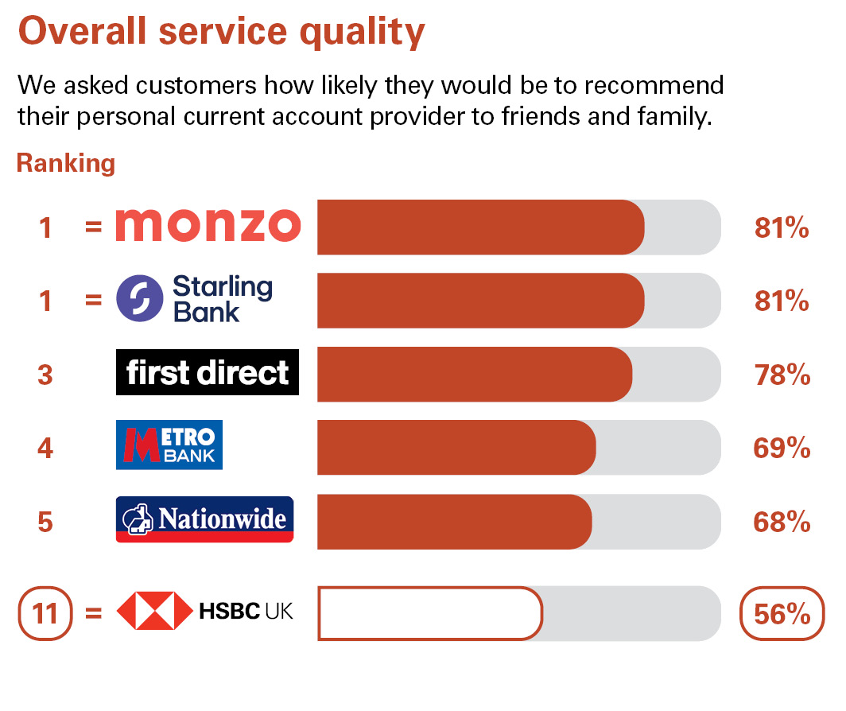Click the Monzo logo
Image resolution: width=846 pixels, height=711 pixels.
click(x=208, y=225)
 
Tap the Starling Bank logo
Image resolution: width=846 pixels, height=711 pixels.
click(x=195, y=298)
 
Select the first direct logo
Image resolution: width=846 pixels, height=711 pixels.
click(x=208, y=372)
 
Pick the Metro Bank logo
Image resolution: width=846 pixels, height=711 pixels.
click(x=169, y=445)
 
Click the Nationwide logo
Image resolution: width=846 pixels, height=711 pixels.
click(x=204, y=519)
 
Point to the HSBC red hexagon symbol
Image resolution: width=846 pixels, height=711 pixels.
click(x=155, y=611)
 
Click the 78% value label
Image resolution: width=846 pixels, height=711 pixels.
click(x=782, y=375)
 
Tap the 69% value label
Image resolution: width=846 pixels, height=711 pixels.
click(x=782, y=448)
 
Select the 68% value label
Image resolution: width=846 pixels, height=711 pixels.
click(x=782, y=522)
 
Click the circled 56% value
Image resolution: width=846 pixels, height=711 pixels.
click(x=782, y=613)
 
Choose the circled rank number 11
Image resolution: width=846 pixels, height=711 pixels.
click(x=45, y=613)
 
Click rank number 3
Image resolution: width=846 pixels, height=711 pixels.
click(x=45, y=375)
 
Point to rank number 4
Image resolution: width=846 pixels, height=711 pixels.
click(x=45, y=448)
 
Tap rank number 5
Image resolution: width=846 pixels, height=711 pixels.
click(x=45, y=522)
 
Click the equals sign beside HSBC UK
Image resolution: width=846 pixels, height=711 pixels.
click(x=93, y=612)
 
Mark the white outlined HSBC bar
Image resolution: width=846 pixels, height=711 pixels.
click(x=430, y=613)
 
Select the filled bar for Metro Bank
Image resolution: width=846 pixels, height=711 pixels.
click(x=456, y=448)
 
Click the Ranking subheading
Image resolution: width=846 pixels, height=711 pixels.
click(x=66, y=164)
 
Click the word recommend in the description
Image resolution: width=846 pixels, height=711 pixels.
click(x=654, y=85)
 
